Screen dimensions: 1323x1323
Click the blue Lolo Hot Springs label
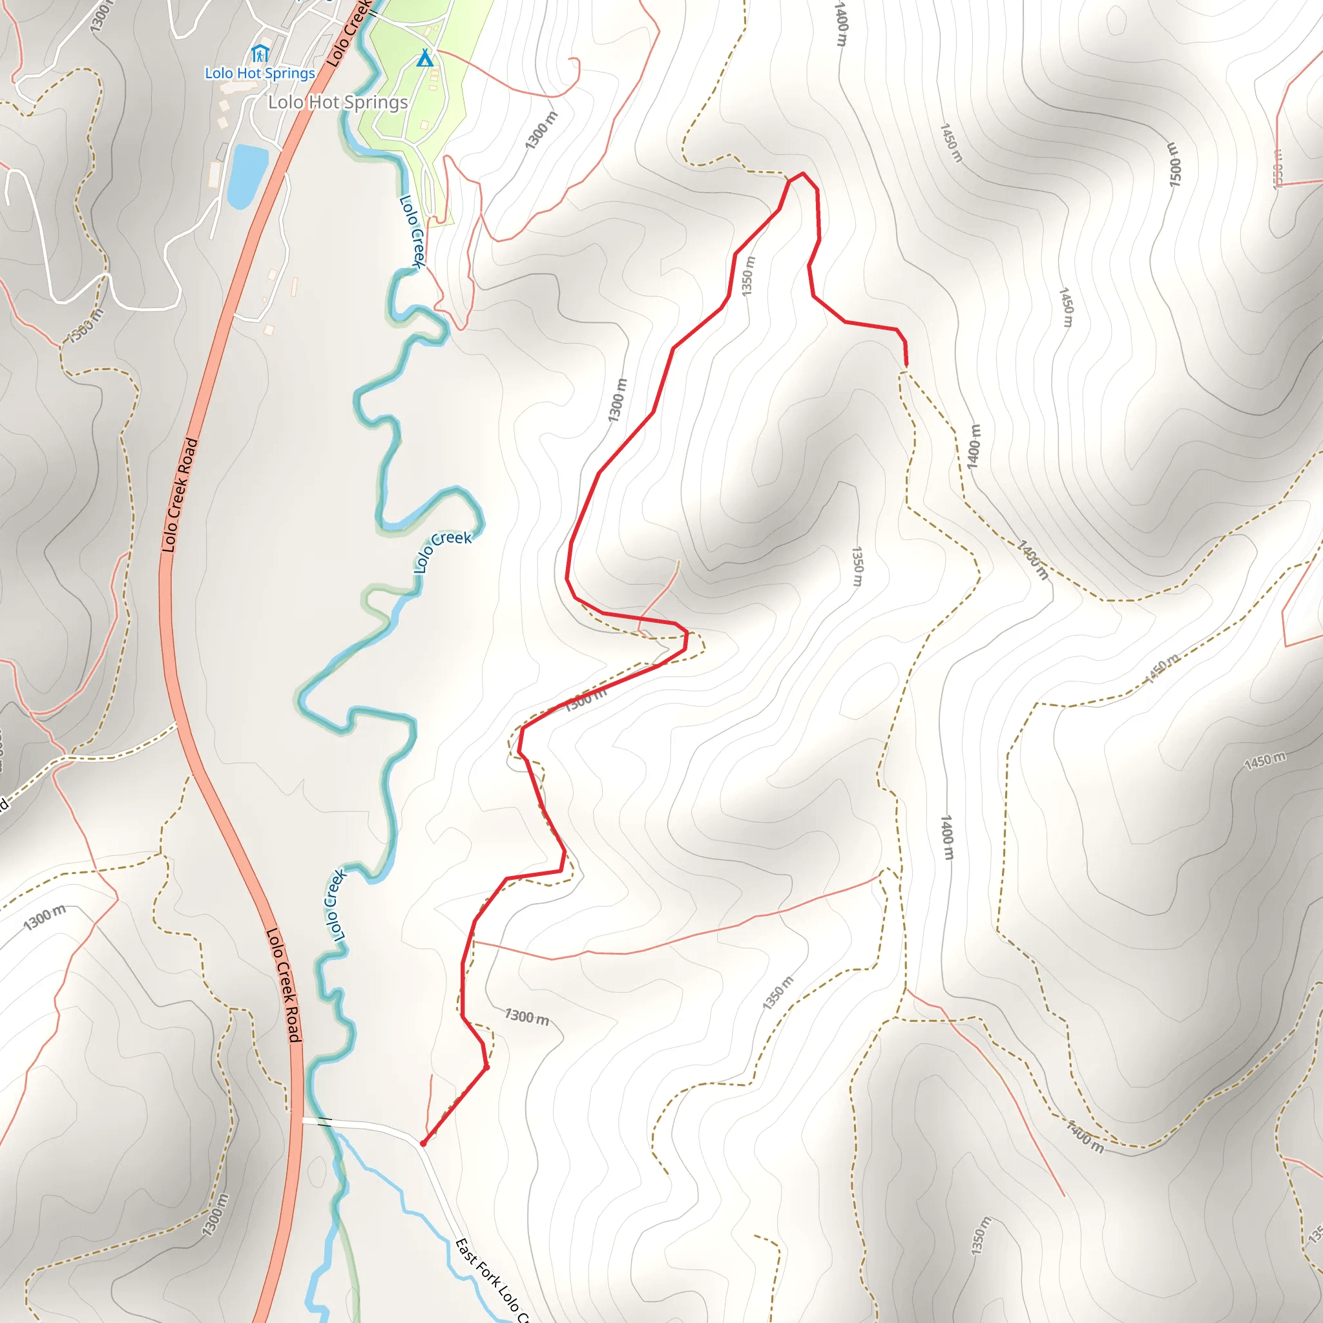tap(260, 73)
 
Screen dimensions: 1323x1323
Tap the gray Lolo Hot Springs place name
tap(338, 103)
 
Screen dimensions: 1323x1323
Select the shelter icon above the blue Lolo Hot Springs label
tap(259, 54)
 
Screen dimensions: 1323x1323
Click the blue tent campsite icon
tap(425, 58)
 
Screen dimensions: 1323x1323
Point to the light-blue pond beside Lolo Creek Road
tap(246, 175)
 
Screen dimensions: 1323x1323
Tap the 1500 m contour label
tap(1174, 164)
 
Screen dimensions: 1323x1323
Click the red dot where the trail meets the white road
tap(423, 1143)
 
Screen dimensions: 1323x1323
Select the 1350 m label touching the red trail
tap(749, 276)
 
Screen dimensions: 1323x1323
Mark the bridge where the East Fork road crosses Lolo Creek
tap(326, 1122)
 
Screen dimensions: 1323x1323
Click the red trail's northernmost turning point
tap(802, 174)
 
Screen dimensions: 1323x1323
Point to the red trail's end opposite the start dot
tap(906, 365)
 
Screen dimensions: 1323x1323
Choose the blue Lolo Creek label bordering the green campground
tap(413, 231)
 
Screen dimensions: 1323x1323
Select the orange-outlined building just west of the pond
tap(215, 174)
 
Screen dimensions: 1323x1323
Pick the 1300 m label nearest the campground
tap(541, 130)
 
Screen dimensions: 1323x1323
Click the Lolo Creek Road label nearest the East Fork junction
tap(284, 985)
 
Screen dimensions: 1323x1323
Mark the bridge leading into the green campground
tap(374, 12)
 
